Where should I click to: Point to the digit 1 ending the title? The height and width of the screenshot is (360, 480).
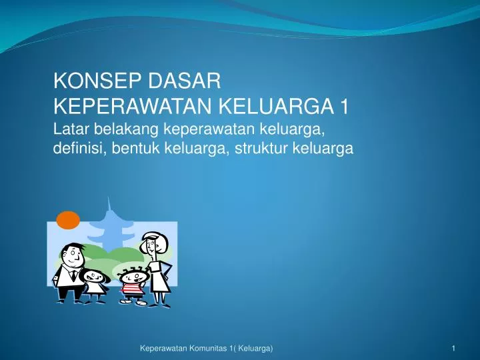[x=344, y=106]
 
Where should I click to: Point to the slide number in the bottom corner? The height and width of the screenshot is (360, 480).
[x=453, y=349]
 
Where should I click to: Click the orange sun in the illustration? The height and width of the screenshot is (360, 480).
[x=68, y=219]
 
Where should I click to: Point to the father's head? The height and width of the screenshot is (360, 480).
[x=69, y=255]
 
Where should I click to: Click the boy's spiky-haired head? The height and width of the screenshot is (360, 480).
[x=132, y=273]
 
